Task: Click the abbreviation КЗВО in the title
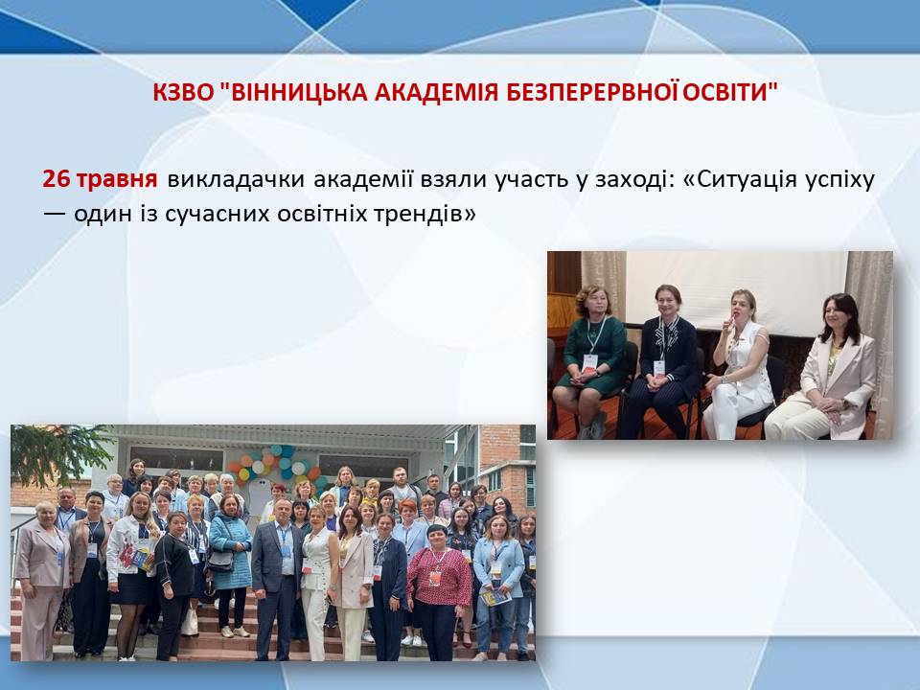184,92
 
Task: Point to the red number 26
56,179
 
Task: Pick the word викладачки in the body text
236,179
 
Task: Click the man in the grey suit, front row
278,578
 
